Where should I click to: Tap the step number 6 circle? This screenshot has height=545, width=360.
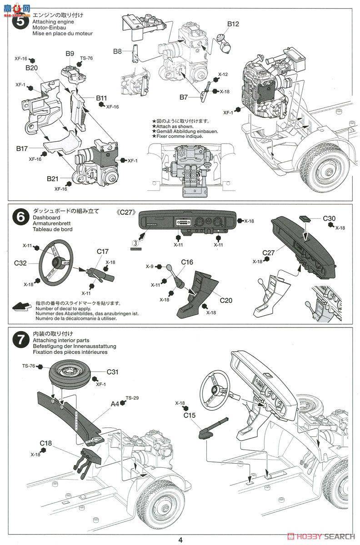point(20,216)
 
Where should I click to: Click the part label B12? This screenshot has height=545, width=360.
point(233,24)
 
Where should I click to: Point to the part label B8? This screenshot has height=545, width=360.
point(117,51)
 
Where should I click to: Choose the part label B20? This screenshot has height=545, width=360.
point(31,68)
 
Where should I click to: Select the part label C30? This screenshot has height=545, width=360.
point(330,219)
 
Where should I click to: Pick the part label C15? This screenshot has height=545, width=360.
point(190,414)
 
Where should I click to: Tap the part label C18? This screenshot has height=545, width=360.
point(46,442)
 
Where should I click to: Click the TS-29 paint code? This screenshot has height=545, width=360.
point(132,398)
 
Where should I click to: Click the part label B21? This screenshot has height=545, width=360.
point(53,178)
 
